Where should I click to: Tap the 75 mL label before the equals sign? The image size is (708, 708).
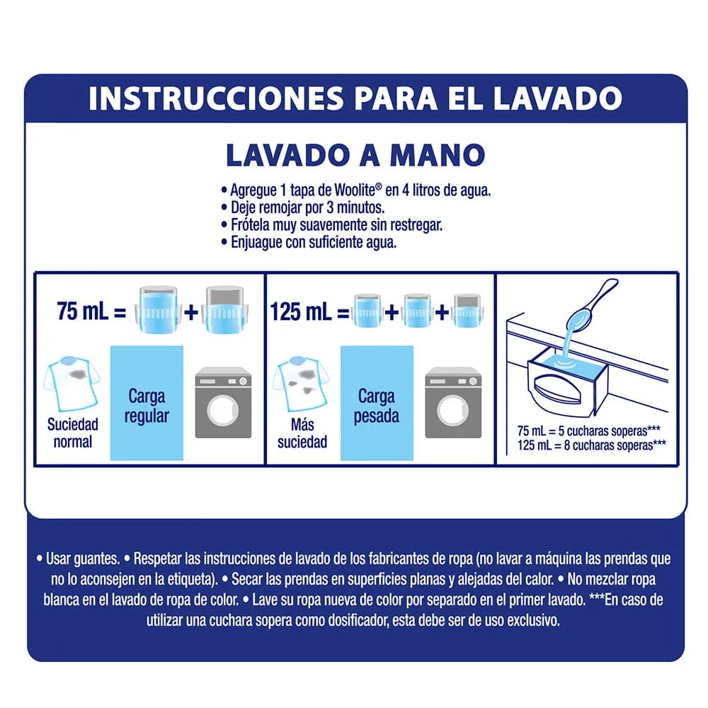(83, 311)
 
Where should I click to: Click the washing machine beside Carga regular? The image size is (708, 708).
(224, 402)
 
